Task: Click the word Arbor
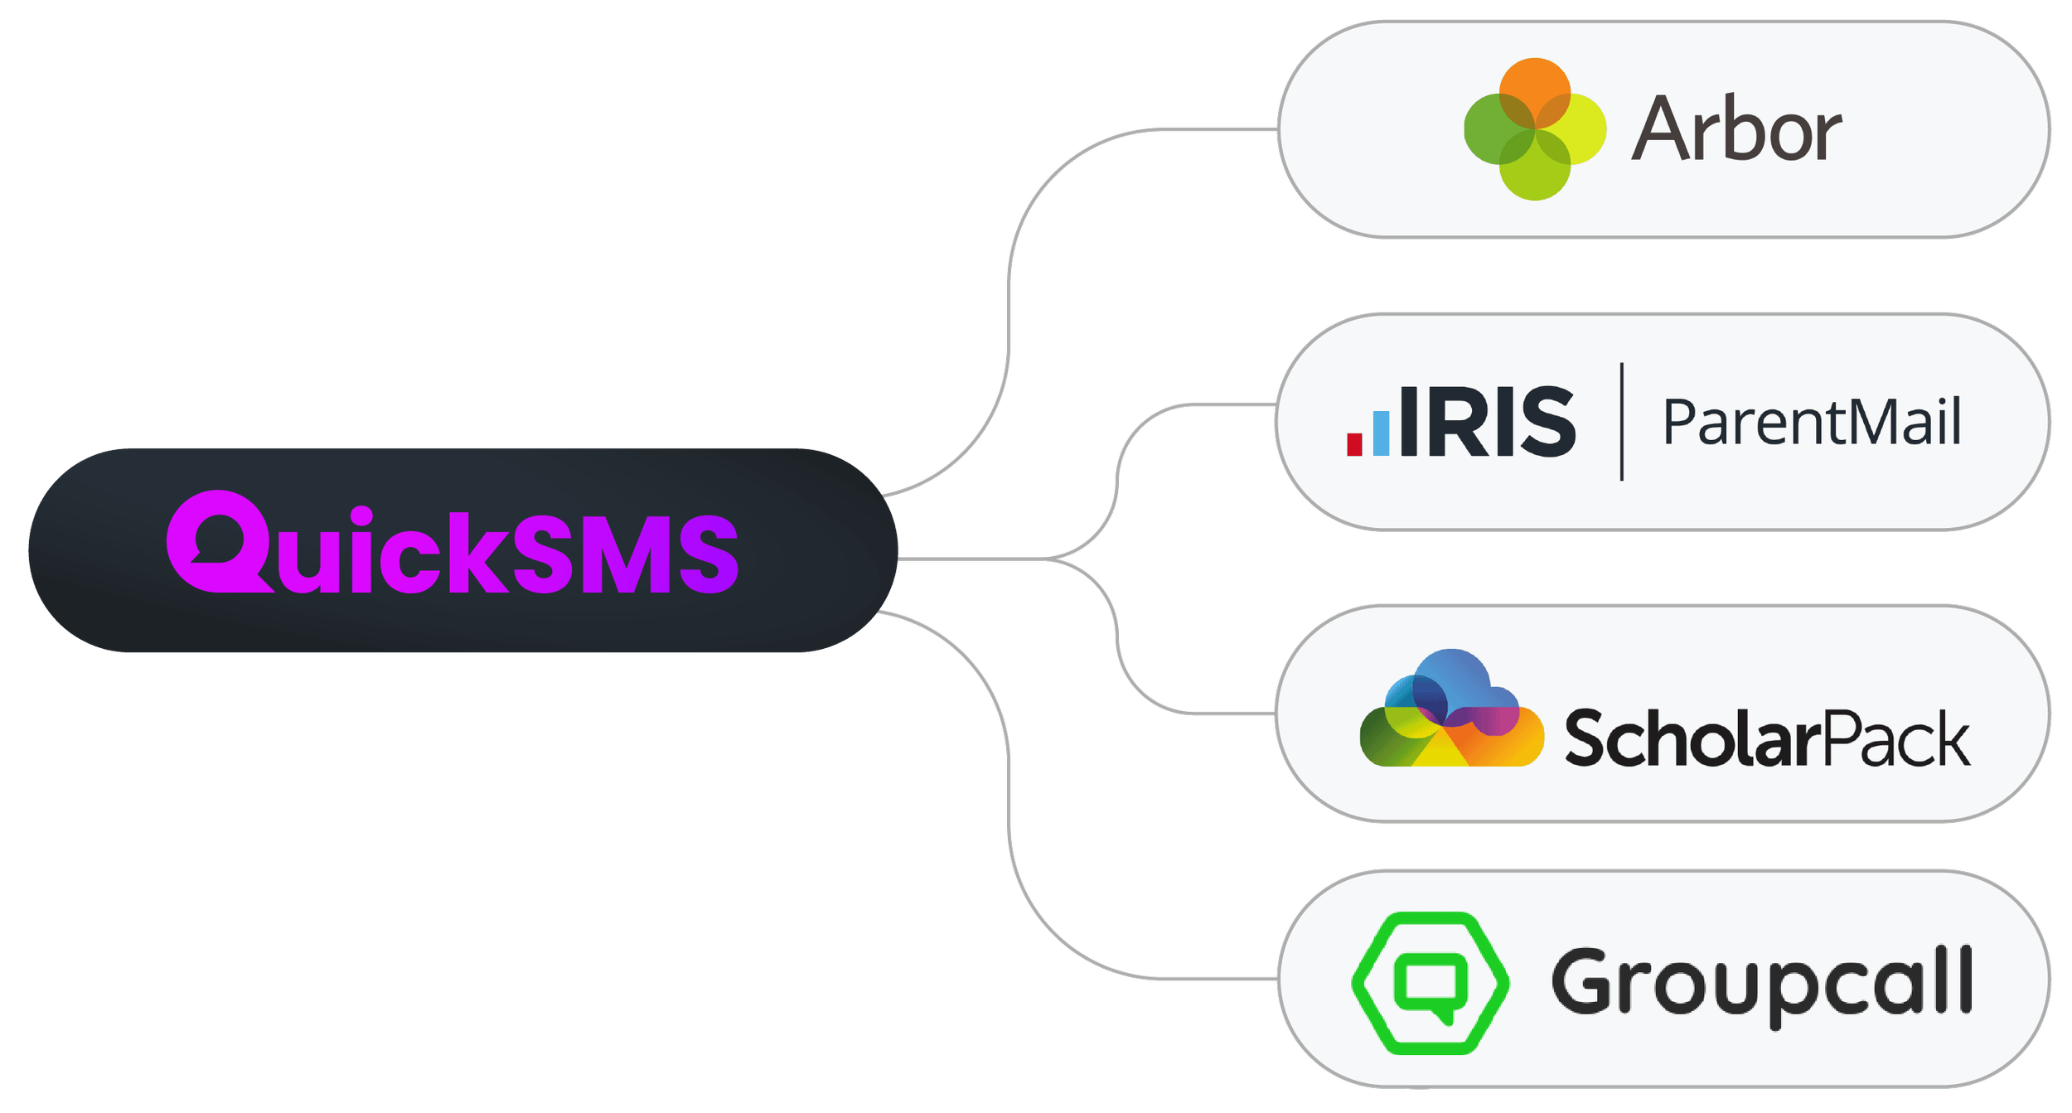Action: [1736, 130]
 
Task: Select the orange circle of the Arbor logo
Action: [1535, 88]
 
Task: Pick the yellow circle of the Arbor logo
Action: [1577, 130]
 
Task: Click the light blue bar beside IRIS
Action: [1381, 432]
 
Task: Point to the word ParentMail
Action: [1812, 423]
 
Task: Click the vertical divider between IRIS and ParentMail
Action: [1622, 422]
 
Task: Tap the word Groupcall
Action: [1760, 983]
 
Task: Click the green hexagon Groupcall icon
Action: [1430, 983]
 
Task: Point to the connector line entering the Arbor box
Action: [1210, 129]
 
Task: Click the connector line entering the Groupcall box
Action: [1210, 979]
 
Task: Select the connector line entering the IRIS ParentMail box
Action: [1227, 404]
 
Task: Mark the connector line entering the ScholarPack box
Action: [1227, 712]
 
